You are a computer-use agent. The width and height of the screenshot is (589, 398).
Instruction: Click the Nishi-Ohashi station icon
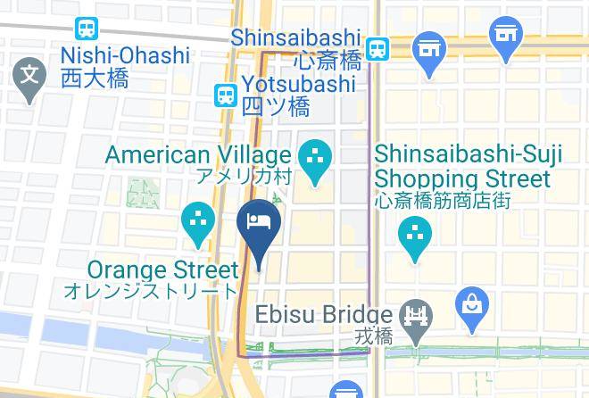(x=87, y=29)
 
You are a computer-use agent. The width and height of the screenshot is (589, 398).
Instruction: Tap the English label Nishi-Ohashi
(x=125, y=55)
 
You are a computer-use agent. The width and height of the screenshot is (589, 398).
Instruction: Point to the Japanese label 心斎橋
(x=327, y=62)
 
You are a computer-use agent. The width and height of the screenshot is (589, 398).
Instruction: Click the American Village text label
(x=197, y=154)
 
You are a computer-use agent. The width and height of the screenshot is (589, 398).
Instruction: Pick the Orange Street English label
(x=163, y=269)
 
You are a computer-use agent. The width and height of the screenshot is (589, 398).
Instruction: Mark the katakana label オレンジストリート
(x=151, y=291)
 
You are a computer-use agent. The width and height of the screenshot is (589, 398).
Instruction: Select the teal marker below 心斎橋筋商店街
(x=415, y=237)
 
